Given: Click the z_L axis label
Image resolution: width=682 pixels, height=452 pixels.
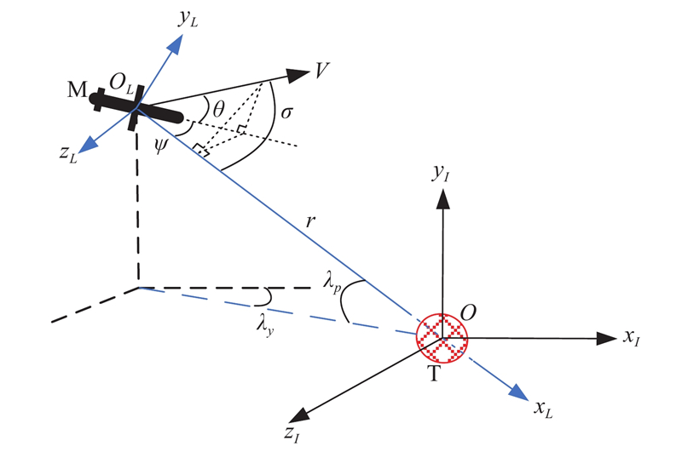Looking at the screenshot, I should click(x=67, y=153).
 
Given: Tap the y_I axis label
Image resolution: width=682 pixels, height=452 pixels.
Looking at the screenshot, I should click(x=442, y=175).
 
